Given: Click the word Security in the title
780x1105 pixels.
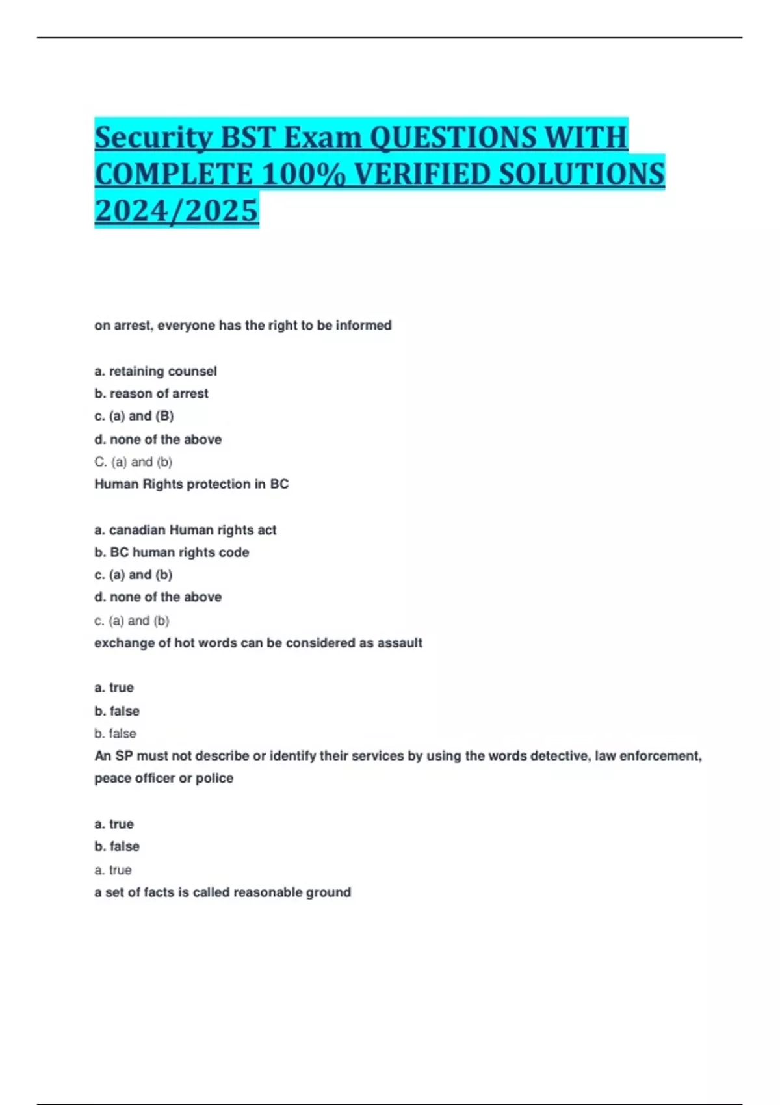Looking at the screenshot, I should click(x=153, y=137).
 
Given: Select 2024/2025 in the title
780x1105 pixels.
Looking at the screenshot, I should click(x=176, y=211).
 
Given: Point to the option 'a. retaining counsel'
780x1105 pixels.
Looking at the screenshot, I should click(x=156, y=371).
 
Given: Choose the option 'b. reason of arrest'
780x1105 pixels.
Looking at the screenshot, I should click(x=151, y=393).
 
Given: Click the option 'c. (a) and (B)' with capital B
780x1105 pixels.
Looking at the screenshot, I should click(x=134, y=416).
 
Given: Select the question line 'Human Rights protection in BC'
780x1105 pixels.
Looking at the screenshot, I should click(x=191, y=484).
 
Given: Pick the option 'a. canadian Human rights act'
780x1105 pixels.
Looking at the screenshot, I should click(x=185, y=530).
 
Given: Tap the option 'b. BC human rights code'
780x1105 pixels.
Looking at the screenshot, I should click(x=172, y=552).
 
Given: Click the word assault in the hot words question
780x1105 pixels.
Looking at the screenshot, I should click(x=400, y=643).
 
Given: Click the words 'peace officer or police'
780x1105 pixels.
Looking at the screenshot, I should click(x=164, y=778).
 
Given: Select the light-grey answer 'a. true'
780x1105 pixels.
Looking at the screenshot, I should click(x=113, y=870).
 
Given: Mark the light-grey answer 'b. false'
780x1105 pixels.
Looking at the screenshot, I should click(x=115, y=733).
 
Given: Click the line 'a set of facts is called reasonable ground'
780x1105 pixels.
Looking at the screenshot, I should click(x=222, y=892).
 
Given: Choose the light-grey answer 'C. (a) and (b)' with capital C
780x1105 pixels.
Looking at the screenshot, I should click(x=133, y=462).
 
